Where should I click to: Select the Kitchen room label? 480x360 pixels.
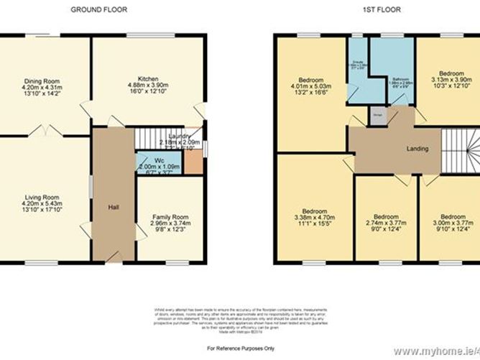148,79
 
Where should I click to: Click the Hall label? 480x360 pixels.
113,208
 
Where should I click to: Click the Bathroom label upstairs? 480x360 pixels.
401,79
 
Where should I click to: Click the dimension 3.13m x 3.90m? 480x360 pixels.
451,80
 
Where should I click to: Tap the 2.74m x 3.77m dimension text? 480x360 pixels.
385,223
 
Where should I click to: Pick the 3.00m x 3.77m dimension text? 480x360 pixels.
451,223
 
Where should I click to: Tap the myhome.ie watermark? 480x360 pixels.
441,351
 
